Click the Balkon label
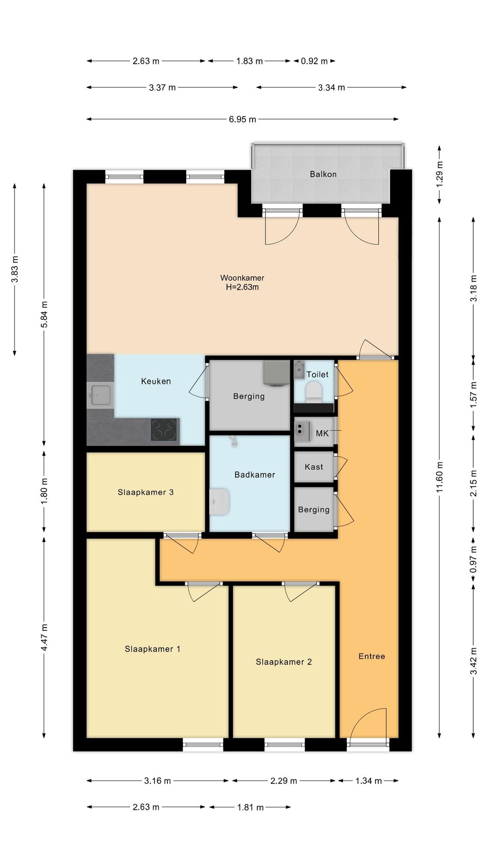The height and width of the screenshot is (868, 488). point(323,174)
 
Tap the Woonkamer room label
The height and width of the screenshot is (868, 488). point(242,278)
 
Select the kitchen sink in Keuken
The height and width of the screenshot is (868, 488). point(100,395)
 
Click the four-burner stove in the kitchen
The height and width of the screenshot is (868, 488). point(164,430)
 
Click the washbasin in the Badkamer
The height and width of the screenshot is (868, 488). point(219,502)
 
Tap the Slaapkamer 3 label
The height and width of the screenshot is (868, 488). point(145,492)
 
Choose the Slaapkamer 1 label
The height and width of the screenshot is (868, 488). point(152,649)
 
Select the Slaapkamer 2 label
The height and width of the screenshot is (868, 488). point(284,662)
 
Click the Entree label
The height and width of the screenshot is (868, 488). point(372,656)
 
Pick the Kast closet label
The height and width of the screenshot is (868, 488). point(314,467)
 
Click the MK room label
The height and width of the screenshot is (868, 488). point(322,433)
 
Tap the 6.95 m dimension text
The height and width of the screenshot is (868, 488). point(242,119)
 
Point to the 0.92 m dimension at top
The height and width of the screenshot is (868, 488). point(314,61)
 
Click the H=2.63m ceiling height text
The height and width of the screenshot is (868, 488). point(242,287)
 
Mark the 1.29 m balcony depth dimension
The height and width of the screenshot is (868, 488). point(440,174)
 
